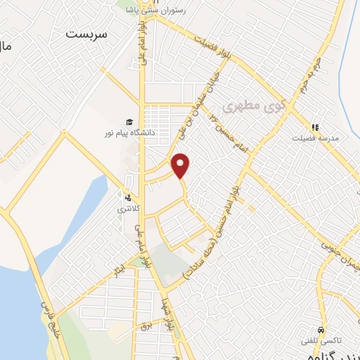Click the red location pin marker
point(181,165)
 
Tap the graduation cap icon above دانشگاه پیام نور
point(129,121)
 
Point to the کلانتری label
point(128,209)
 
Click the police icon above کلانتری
point(128,198)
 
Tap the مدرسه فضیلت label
point(316,138)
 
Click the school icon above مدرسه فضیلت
point(315,127)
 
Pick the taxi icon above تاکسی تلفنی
point(321,329)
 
